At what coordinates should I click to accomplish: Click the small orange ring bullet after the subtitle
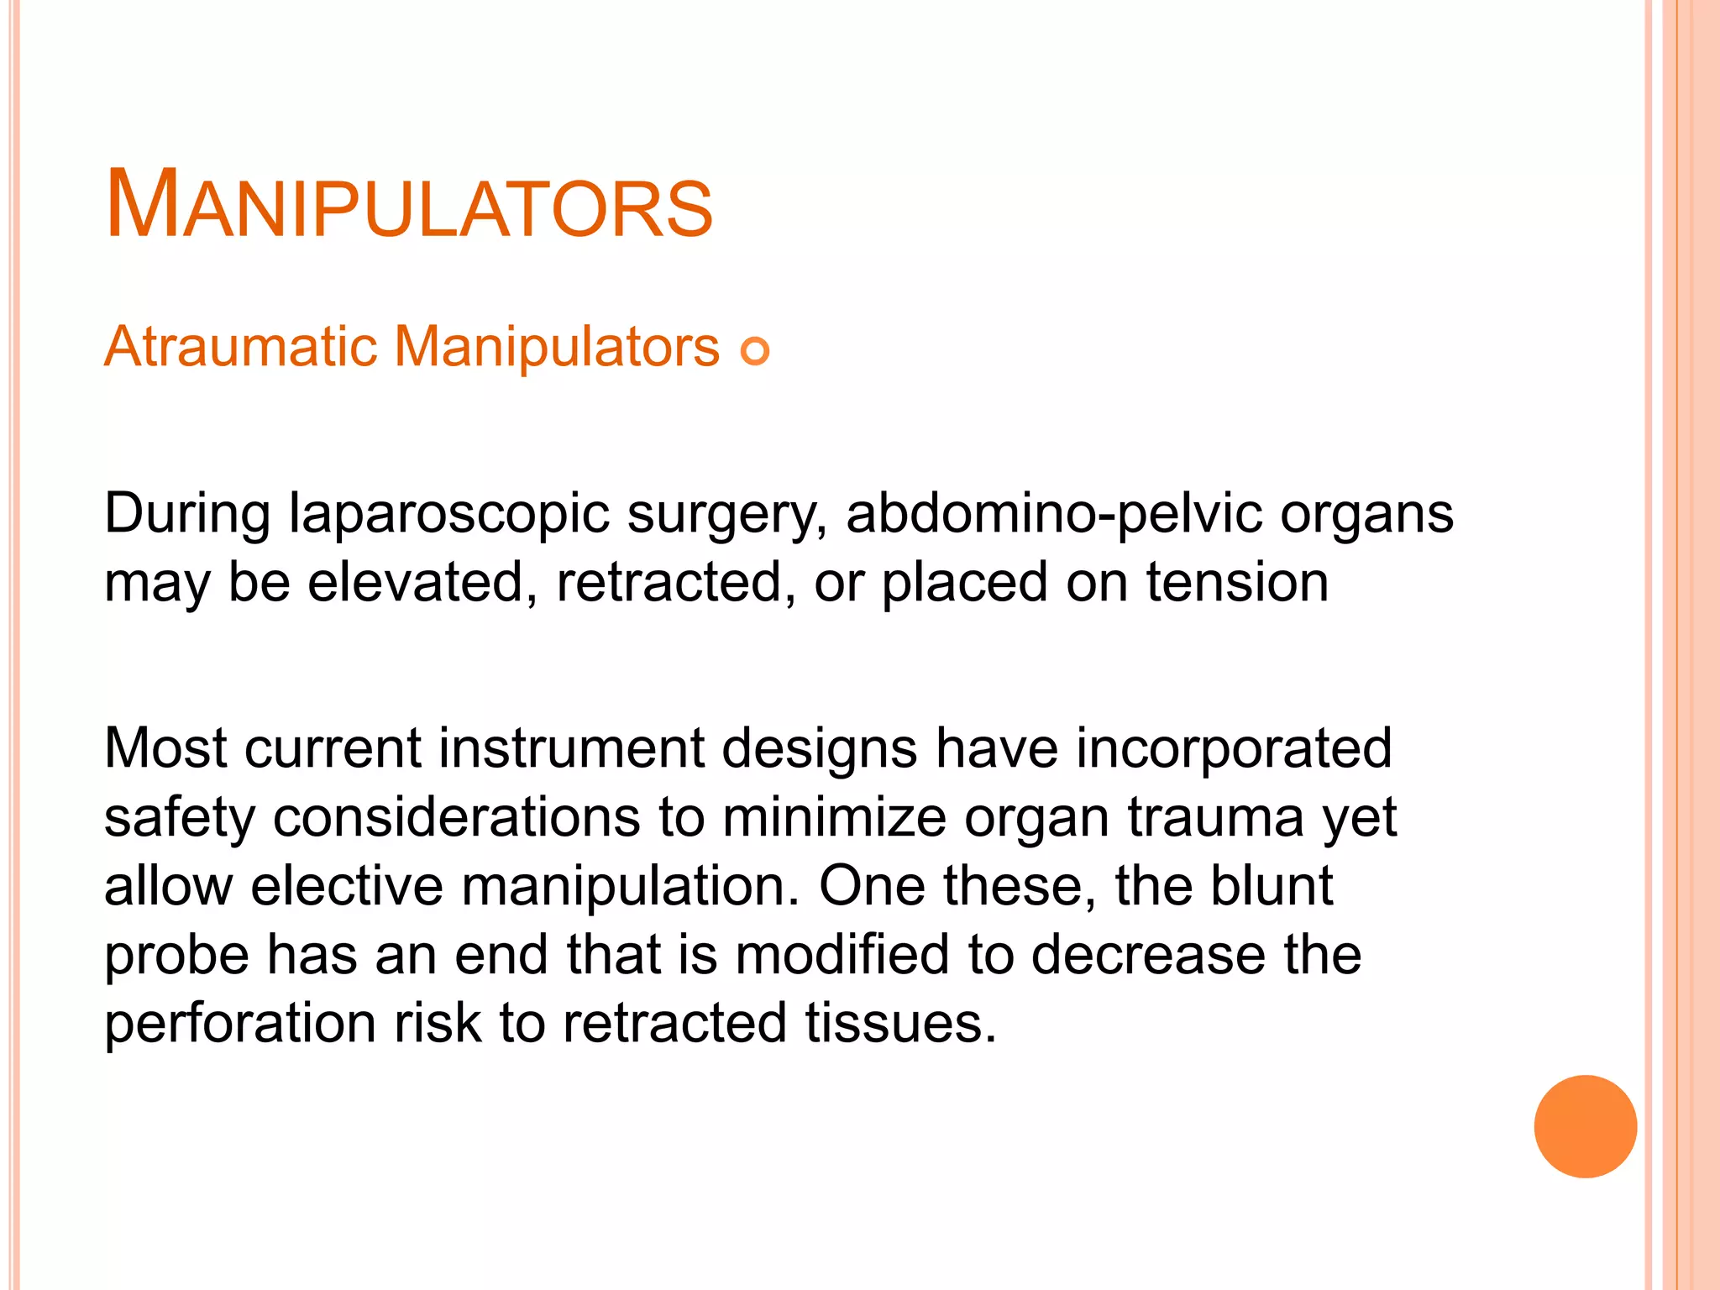(x=755, y=350)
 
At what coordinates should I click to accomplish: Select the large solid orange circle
(x=1585, y=1126)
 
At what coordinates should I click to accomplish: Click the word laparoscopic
(x=448, y=514)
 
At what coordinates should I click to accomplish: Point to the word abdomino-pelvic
(x=1053, y=514)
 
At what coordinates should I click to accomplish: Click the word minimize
(x=833, y=817)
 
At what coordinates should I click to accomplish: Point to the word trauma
(x=1215, y=817)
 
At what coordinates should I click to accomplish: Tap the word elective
(x=346, y=886)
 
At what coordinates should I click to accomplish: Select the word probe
(x=176, y=956)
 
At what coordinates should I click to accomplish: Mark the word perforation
(x=240, y=1024)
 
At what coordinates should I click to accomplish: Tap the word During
(x=187, y=514)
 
